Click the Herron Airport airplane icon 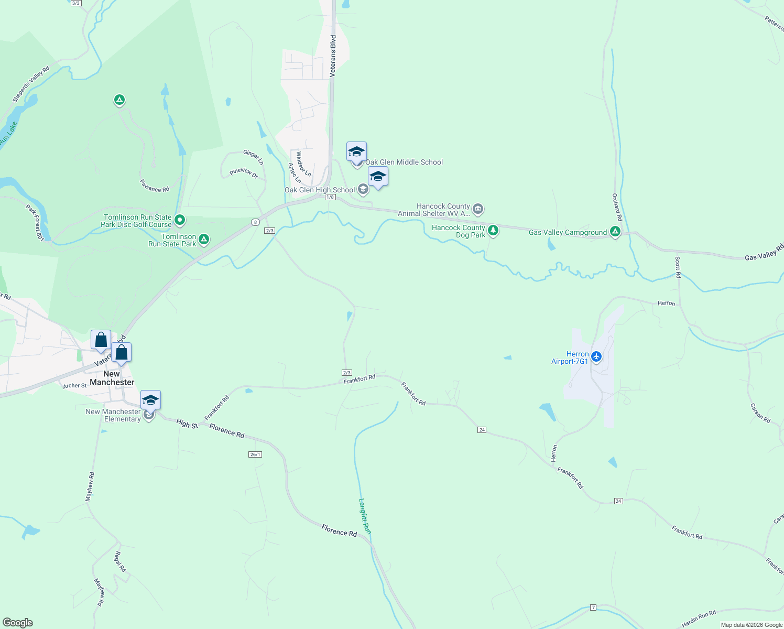click(596, 357)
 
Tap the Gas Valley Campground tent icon click(615, 232)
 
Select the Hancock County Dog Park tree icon click(493, 230)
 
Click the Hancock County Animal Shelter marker click(477, 210)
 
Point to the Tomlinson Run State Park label click(172, 241)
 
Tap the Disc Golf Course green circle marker click(179, 220)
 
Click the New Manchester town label click(112, 378)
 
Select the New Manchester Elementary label click(114, 415)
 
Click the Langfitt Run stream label click(365, 516)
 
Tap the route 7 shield click(593, 607)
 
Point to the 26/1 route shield click(255, 454)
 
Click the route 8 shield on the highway click(255, 222)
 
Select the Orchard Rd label click(617, 207)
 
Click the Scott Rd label click(678, 267)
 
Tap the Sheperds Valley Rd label click(31, 84)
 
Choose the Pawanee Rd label click(155, 186)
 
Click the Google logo click(18, 623)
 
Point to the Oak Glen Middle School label click(404, 162)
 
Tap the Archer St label click(75, 386)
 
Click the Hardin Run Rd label click(699, 619)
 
